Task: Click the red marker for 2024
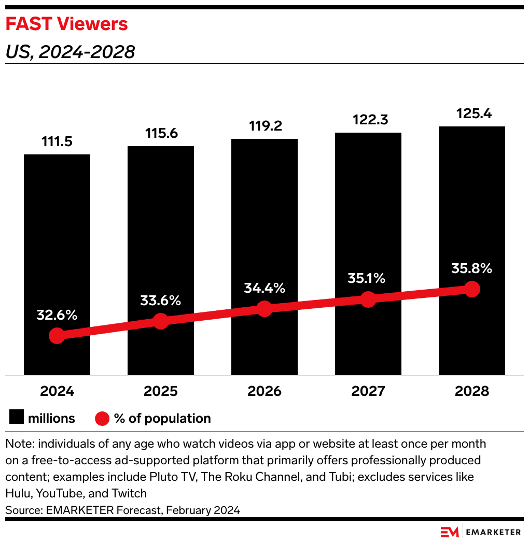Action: coord(57,336)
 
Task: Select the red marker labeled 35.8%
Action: coord(471,289)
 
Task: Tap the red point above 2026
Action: coord(264,308)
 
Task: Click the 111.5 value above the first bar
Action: coord(57,141)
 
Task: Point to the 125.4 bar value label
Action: coord(471,113)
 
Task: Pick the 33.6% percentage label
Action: coord(160,301)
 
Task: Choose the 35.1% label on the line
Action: coord(367,279)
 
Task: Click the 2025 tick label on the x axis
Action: coord(161,391)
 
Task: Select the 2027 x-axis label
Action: coord(368,391)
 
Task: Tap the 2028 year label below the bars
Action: coord(471,391)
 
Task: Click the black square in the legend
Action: coord(16,418)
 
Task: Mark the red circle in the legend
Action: coord(102,418)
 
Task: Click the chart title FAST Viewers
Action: coord(66,24)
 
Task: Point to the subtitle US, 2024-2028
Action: coord(70,52)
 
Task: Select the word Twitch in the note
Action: coord(130,493)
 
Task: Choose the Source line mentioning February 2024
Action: coord(122,510)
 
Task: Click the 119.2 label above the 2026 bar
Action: coord(264,126)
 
